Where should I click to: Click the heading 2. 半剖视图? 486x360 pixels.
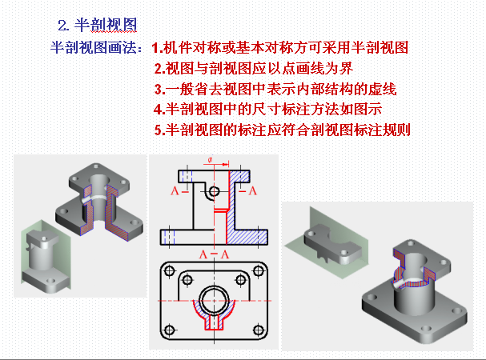[97, 25]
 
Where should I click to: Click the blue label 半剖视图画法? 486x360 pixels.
[94, 48]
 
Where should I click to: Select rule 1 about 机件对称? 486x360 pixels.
[280, 48]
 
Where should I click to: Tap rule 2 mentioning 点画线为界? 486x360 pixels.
[254, 68]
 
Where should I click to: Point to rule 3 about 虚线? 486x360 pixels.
[275, 89]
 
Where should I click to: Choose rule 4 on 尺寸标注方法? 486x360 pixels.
[267, 109]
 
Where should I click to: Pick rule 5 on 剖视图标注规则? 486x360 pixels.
[283, 130]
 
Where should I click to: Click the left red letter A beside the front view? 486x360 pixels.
[175, 191]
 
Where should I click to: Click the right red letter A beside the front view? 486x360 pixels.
[253, 191]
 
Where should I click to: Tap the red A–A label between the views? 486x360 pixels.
[214, 254]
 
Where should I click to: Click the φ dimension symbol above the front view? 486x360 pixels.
[210, 160]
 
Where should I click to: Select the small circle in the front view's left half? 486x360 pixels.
[214, 191]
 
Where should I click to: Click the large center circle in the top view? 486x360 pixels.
[214, 300]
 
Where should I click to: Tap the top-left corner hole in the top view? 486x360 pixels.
[170, 270]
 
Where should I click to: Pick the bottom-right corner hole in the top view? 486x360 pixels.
[259, 330]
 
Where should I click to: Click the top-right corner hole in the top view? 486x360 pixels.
[259, 270]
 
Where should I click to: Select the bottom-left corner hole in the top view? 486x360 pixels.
[170, 330]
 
